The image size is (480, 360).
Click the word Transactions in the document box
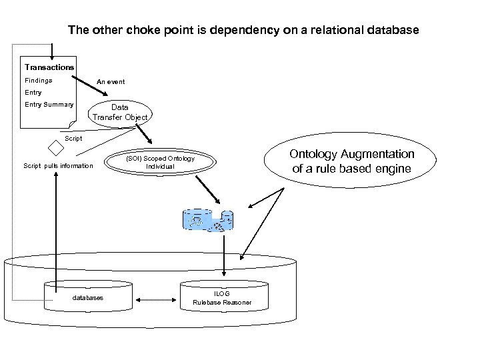49,67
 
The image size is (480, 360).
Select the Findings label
39,81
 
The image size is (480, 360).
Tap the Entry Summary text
49,105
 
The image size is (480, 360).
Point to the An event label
111,82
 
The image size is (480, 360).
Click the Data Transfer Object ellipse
120,112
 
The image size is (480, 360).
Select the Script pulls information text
59,165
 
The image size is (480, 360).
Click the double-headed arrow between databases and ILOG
159,297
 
